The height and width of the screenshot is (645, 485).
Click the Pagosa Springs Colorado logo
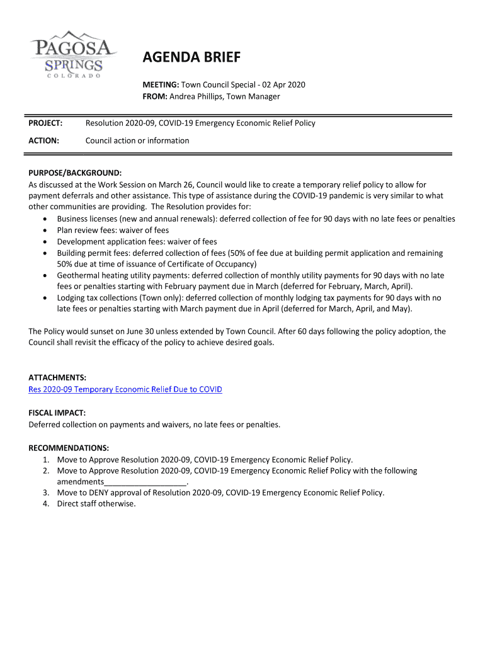point(72,54)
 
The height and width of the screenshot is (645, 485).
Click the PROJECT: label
point(45,123)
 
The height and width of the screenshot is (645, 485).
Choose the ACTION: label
point(44,140)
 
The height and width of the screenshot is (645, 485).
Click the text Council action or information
point(137,140)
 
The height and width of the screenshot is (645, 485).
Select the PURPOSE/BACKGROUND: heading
point(75,173)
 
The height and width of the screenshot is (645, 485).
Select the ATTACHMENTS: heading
point(57,378)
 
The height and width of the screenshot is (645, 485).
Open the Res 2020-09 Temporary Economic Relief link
point(125,389)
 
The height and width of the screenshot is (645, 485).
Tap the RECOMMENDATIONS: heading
point(69,448)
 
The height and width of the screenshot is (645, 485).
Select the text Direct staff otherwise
point(96,504)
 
